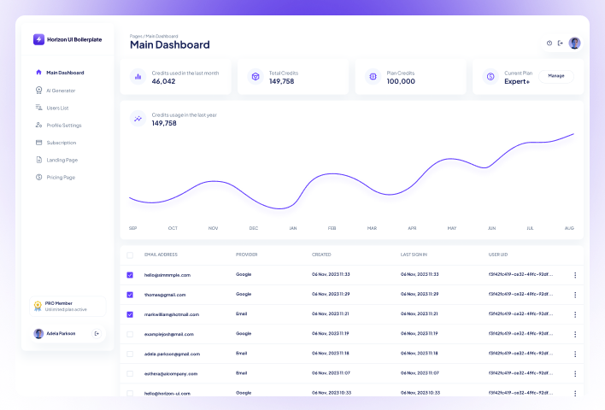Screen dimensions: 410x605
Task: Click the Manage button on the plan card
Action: point(556,75)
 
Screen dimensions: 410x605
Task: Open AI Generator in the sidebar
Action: point(61,91)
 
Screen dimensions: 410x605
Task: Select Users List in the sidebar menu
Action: point(57,108)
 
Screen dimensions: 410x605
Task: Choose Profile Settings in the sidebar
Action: point(63,126)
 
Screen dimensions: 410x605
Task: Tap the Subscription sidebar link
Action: point(62,143)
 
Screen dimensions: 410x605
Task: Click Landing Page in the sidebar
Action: point(62,160)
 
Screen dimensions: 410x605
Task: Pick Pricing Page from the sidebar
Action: point(61,178)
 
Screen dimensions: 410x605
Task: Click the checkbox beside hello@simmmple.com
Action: point(130,275)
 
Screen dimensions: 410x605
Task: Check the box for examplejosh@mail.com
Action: point(130,334)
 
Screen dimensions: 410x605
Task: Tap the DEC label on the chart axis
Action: point(253,228)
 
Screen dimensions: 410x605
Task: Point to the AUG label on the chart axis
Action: point(569,228)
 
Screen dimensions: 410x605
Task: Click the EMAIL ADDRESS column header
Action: point(161,255)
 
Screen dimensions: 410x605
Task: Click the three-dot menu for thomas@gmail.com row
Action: point(575,295)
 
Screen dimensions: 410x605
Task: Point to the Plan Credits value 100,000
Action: point(401,81)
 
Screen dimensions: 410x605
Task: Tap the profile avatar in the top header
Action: point(574,43)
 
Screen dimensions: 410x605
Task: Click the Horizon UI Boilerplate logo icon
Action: point(38,39)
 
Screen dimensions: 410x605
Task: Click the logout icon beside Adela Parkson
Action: point(97,333)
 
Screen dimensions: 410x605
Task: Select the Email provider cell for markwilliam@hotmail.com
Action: point(242,314)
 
